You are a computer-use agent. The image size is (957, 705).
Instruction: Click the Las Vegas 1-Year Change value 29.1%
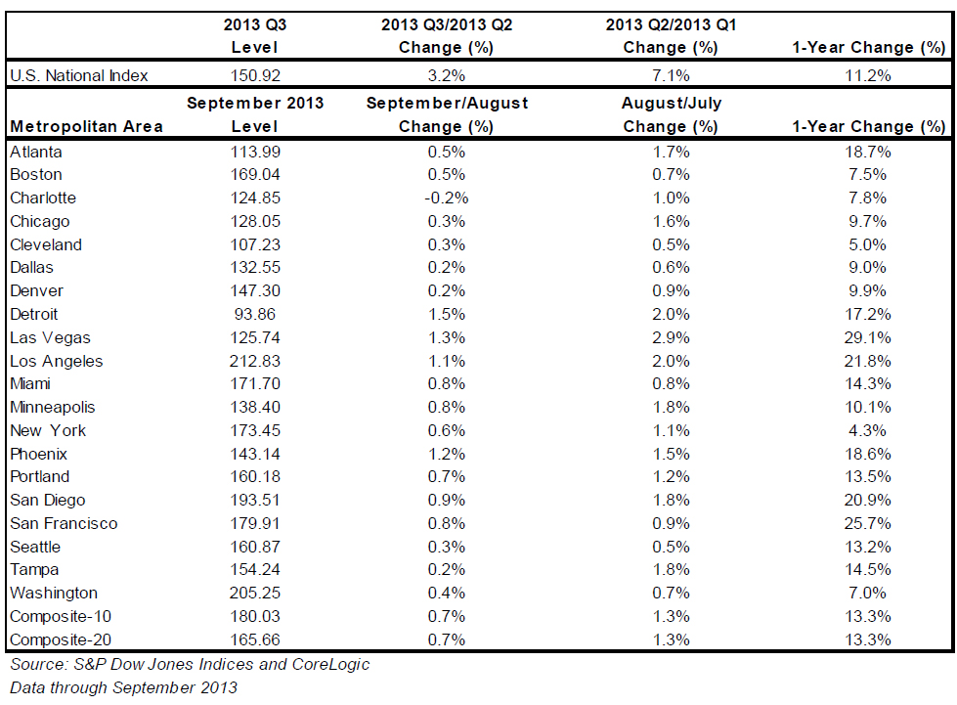pos(867,337)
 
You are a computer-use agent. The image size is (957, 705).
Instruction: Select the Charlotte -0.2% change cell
pos(448,198)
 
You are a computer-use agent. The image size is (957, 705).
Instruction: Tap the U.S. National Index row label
pos(79,75)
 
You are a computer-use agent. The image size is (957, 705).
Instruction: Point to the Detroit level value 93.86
pos(254,314)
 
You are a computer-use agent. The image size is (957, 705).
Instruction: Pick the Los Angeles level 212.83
pos(254,361)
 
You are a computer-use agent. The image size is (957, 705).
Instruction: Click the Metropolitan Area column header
pos(87,126)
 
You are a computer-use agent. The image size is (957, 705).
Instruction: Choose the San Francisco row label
pos(64,523)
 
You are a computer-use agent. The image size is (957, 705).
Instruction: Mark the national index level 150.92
pos(255,75)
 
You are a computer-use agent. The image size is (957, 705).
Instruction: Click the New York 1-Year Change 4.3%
pos(867,430)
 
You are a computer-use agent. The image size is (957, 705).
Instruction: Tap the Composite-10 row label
pos(61,616)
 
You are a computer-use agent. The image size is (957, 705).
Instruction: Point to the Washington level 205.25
pos(254,593)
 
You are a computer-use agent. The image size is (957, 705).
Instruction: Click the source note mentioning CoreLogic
pos(190,664)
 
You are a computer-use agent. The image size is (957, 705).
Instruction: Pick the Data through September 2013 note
pos(123,687)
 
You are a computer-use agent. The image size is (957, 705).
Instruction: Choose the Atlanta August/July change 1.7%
pos(671,152)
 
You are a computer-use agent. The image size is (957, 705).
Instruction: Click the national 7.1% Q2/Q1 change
pos(671,75)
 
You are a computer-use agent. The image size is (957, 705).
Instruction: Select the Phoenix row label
pos(38,454)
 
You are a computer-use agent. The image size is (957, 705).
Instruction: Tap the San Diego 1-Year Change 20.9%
pos(867,500)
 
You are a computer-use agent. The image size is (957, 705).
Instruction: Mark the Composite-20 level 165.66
pos(254,639)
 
